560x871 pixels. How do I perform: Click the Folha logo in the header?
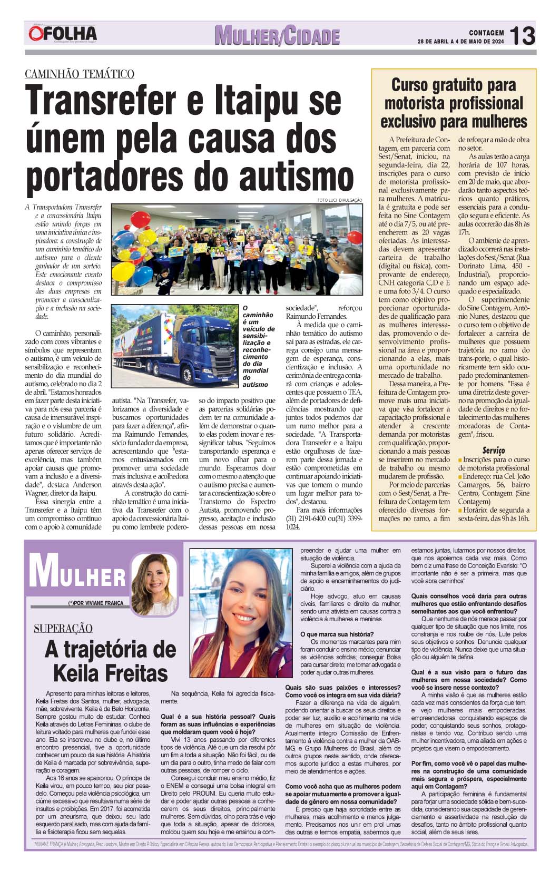pos(63,35)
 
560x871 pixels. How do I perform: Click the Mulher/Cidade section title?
pos(277,36)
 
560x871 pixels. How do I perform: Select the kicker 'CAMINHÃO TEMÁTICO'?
pos(80,74)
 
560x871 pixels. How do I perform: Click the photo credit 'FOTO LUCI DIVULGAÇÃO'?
pos(340,200)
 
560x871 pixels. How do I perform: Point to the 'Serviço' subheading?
pos(493,450)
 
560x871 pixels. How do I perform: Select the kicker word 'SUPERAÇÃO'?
pos(63,628)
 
